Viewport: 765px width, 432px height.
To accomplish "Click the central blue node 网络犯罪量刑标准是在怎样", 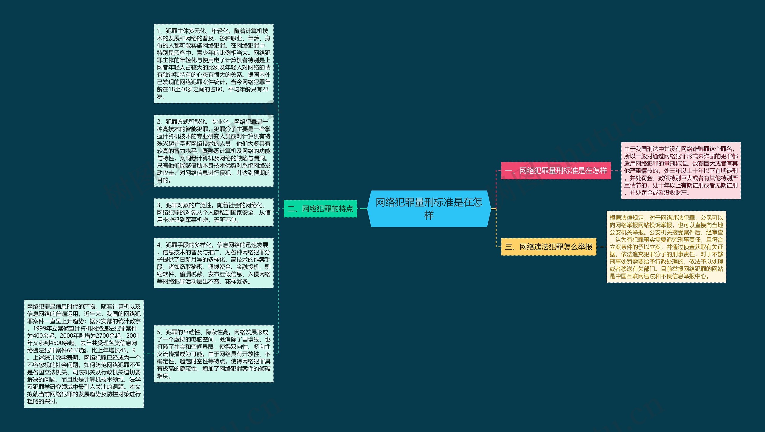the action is click(429, 209).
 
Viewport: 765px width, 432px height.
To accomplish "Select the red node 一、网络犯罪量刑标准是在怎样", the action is click(556, 171).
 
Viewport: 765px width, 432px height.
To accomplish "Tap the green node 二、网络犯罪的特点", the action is click(320, 209).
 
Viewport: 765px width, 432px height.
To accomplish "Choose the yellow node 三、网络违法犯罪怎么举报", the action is click(548, 247).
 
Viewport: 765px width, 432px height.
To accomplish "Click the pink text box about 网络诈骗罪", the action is click(681, 171).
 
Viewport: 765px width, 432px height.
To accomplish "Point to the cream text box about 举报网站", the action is click(666, 247).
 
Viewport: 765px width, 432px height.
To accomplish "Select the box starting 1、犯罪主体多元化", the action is click(213, 64).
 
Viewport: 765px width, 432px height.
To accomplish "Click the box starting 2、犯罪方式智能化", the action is click(213, 151).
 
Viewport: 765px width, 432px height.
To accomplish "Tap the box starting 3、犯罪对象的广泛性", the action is click(213, 212).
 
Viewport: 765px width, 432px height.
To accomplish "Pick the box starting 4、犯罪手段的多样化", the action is click(213, 263).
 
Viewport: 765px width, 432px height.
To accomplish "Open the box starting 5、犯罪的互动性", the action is click(213, 354).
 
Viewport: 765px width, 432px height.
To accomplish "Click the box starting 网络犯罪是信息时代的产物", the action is click(84, 354).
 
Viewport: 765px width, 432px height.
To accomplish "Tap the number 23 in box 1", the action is click(265, 89).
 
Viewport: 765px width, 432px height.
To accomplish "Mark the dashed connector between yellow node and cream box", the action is click(601, 247).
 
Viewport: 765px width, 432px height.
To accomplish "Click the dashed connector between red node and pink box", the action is click(616, 171).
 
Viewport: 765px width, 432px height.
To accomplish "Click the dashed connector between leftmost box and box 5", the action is click(149, 354).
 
